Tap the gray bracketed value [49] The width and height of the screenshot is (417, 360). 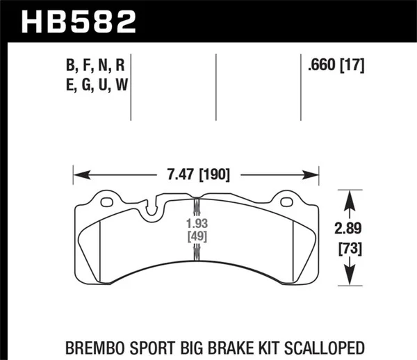point(196,238)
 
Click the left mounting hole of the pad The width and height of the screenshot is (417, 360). point(107,203)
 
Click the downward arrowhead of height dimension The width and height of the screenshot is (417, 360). point(349,281)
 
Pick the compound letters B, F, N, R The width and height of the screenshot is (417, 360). point(95,67)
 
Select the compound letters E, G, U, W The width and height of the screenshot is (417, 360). point(95,85)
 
